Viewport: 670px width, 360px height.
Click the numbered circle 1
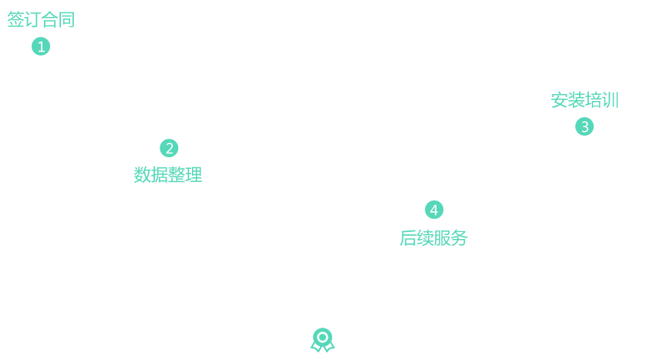click(x=41, y=47)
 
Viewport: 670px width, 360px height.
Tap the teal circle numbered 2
click(x=169, y=148)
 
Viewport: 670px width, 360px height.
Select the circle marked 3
click(x=584, y=126)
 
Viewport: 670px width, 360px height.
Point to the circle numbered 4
click(x=434, y=210)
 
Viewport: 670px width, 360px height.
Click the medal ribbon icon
click(x=322, y=339)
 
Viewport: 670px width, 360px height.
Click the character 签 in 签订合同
click(x=15, y=20)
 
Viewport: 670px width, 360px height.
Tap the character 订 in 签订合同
click(x=32, y=20)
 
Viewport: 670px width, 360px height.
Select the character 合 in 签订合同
click(x=49, y=20)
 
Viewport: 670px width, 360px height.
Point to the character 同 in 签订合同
click(x=66, y=20)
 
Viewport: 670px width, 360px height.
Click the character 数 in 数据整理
click(x=143, y=175)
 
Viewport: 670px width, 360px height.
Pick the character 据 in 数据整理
click(x=160, y=175)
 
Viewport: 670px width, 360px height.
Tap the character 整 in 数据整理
click(x=177, y=175)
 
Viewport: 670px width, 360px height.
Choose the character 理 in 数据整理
click(x=193, y=175)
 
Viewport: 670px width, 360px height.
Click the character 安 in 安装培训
click(x=560, y=100)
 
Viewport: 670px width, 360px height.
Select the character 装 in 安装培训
click(x=577, y=100)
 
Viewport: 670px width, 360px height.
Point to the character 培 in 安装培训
click(x=593, y=100)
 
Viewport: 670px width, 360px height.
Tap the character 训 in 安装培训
click(x=610, y=100)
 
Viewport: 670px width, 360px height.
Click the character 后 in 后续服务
click(x=409, y=238)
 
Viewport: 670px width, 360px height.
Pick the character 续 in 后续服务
click(x=426, y=238)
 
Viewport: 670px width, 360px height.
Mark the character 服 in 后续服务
click(x=442, y=238)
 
